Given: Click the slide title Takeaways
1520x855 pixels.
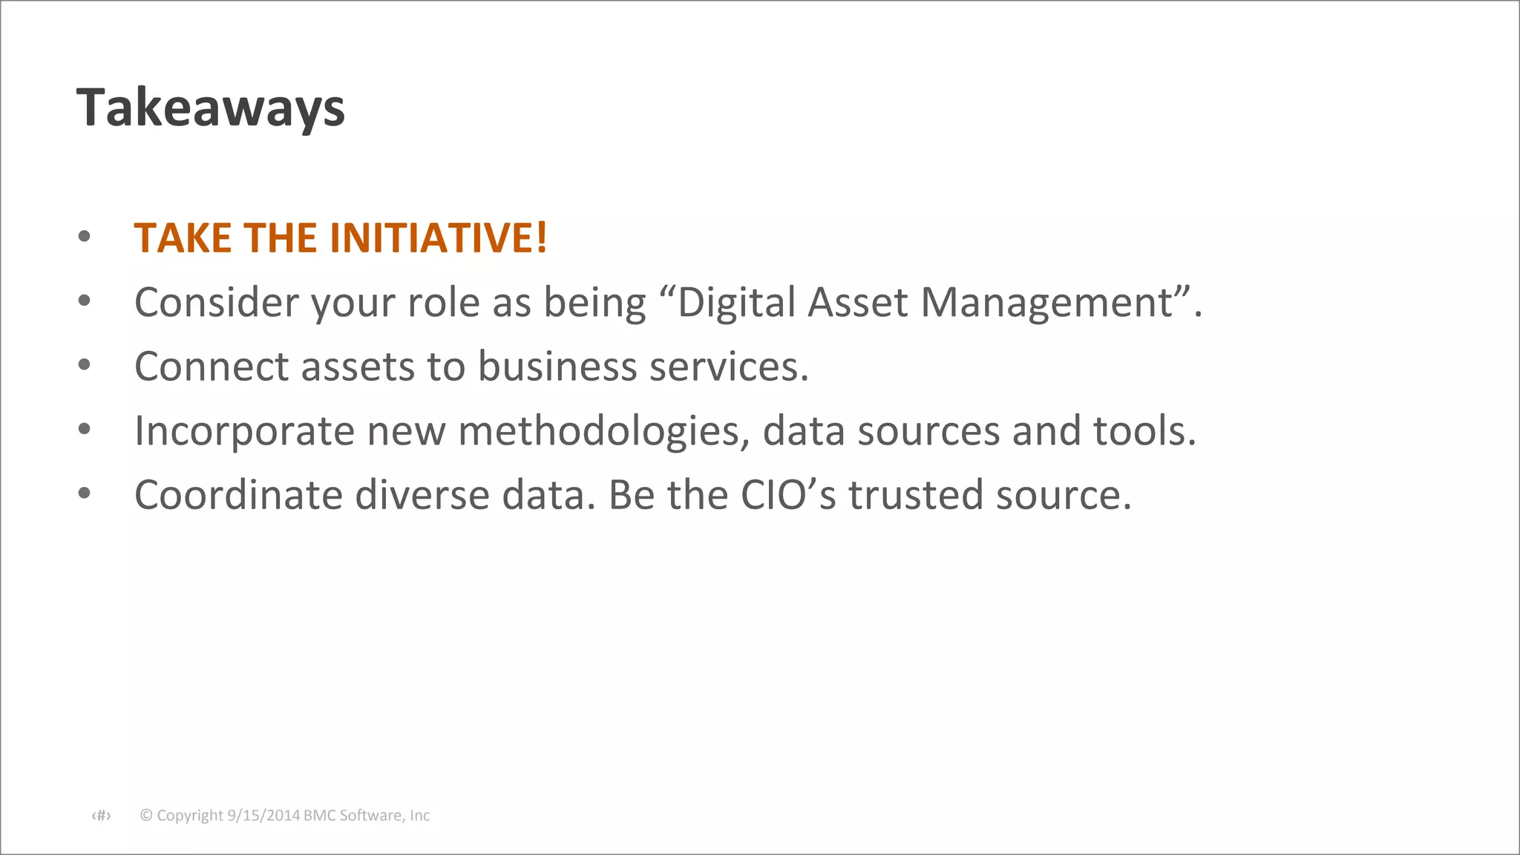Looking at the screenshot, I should [x=211, y=108].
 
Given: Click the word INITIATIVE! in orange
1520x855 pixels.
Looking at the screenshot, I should [x=438, y=238].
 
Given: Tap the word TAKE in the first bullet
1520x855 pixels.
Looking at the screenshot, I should [x=183, y=238].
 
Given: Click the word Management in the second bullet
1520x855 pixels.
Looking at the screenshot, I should [x=1046, y=303].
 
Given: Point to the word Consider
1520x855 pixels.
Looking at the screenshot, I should [x=217, y=303].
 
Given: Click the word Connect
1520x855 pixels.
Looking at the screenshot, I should [x=212, y=367].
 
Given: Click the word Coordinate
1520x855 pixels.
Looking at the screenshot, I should [x=238, y=495].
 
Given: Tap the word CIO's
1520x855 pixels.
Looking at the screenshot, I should [x=788, y=495].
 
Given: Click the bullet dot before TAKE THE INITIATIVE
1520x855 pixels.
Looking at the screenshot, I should [x=85, y=237].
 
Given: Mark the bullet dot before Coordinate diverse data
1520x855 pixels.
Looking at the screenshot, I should [x=85, y=494].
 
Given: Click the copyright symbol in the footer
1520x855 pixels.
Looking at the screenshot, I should [x=146, y=816].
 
